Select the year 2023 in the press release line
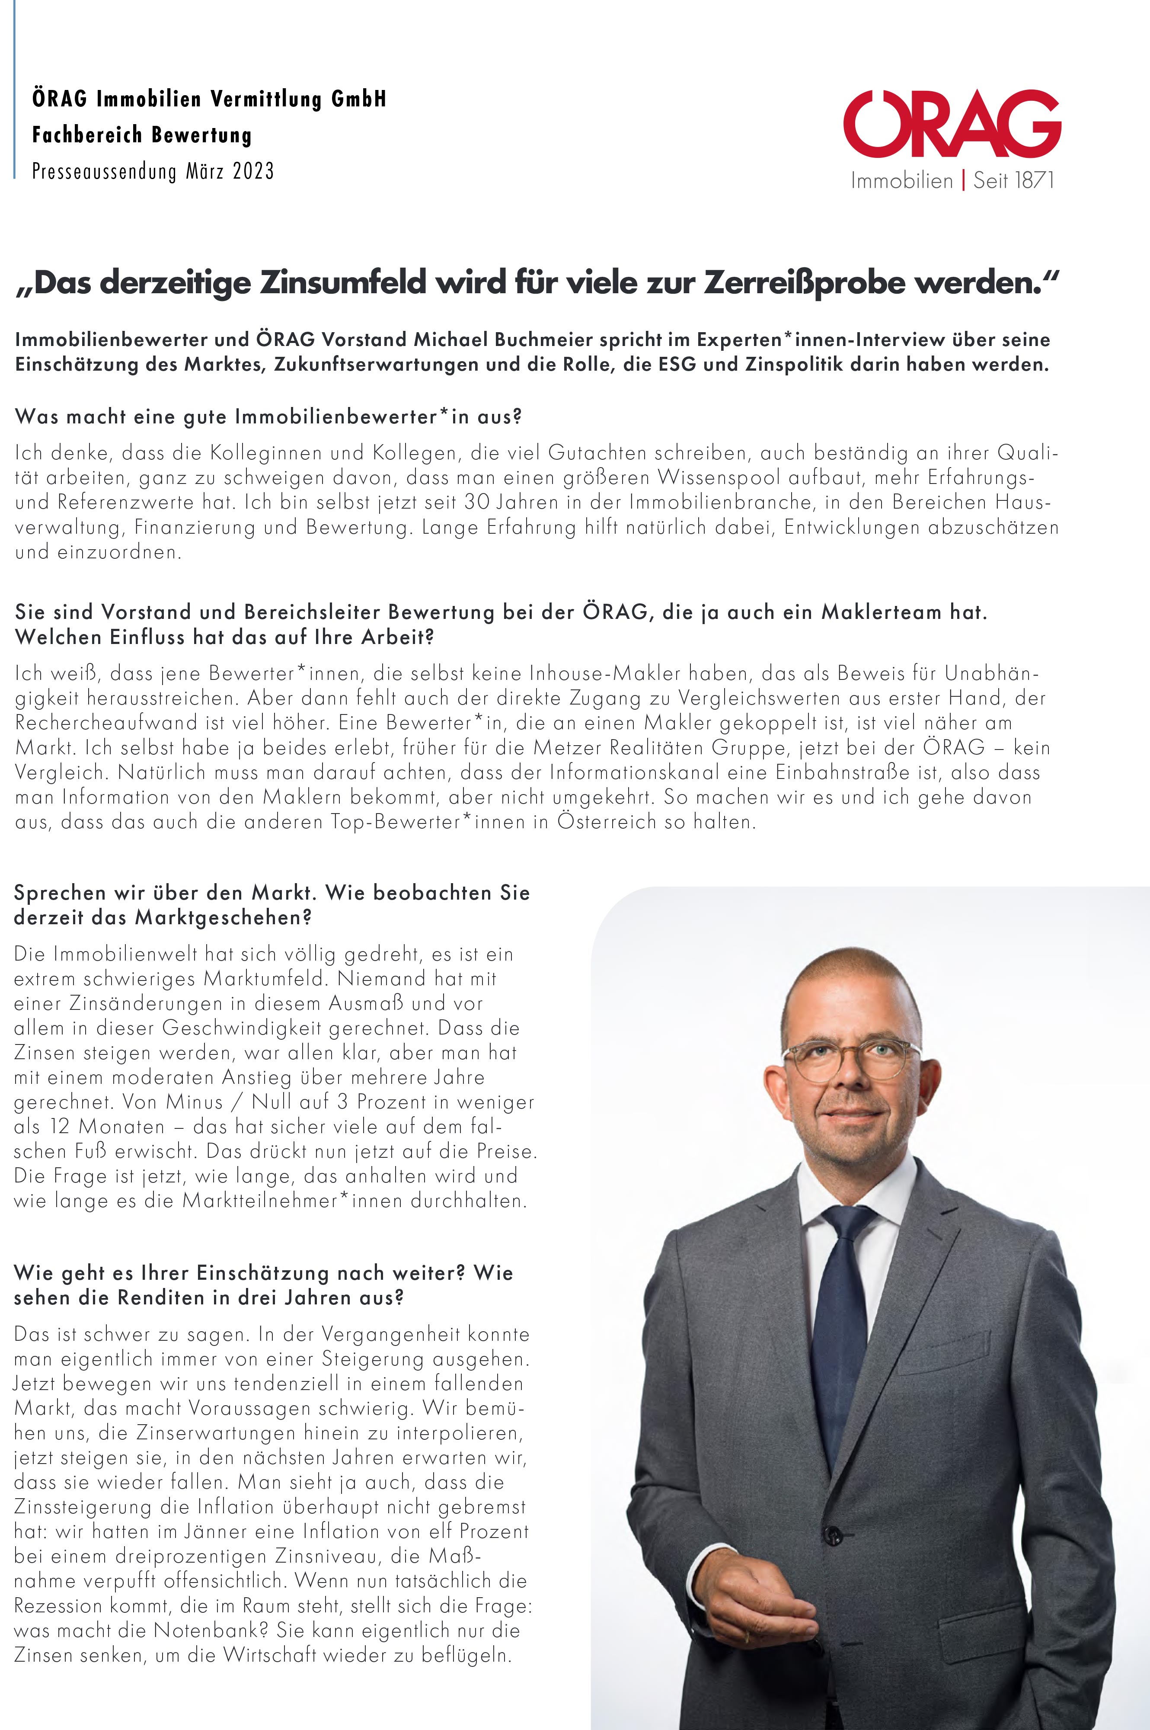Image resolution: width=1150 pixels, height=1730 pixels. pos(253,172)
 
